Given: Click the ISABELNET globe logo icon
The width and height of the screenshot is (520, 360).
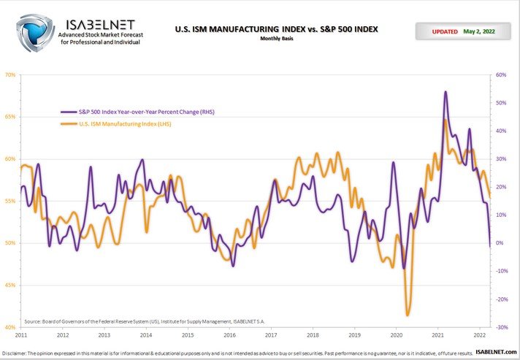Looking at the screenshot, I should coord(35,31).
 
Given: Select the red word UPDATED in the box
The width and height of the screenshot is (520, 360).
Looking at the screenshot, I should coord(445,32).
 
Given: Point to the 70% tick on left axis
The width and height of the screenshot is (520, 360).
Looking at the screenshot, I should coord(10,74).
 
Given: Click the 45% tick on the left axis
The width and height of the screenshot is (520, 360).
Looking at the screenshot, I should coord(10,286).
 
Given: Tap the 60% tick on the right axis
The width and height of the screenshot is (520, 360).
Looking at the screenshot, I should coord(502,74).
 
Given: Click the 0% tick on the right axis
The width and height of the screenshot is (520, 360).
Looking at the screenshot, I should coord(502,243).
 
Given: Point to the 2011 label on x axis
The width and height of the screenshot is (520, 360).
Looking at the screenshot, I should coord(21,336).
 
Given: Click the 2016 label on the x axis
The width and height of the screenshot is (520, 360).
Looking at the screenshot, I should coord(230,336).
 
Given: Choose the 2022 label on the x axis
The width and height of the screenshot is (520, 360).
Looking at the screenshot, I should coord(479,336).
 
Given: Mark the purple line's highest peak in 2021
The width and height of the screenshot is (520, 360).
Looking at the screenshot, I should coord(446,92).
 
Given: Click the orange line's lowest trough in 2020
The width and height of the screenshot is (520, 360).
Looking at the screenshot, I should coord(407,315).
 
